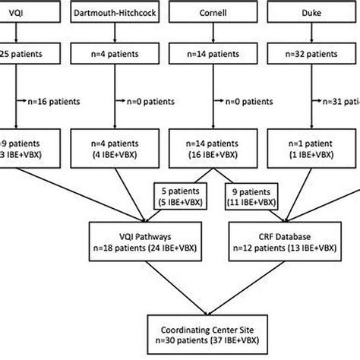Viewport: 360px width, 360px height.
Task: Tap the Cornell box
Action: (208, 13)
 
